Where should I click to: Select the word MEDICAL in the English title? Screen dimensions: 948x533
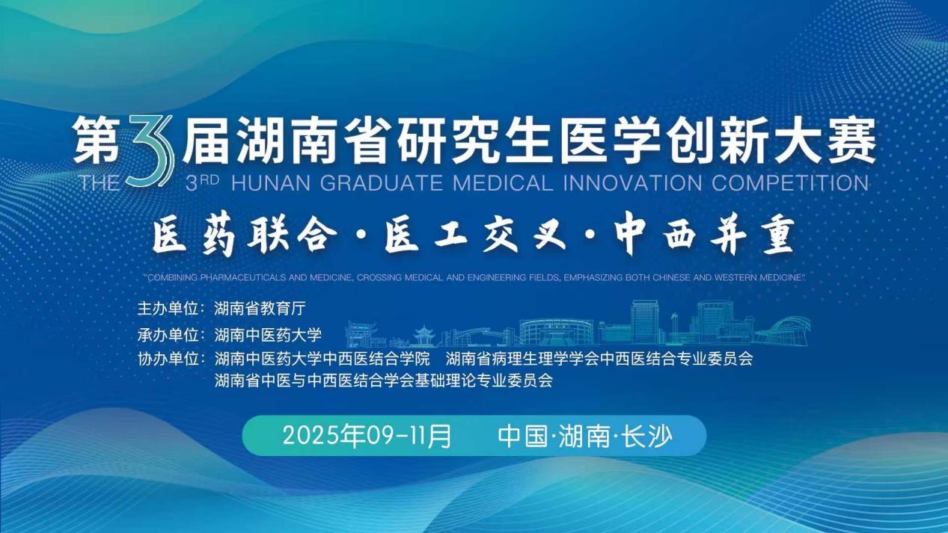click(x=503, y=183)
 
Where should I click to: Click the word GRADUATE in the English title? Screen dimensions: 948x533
click(x=382, y=183)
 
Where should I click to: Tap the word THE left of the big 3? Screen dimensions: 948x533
click(x=100, y=183)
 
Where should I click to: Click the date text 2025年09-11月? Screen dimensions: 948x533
click(x=367, y=436)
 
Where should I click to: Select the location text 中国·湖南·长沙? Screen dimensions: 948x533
click(x=585, y=436)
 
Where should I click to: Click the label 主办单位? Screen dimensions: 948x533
click(x=168, y=309)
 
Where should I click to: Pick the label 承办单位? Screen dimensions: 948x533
click(x=168, y=335)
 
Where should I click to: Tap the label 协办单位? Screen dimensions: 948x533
click(x=168, y=359)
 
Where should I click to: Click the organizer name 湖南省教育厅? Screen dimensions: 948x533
click(x=260, y=309)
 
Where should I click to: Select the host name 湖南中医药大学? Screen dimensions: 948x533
click(x=268, y=335)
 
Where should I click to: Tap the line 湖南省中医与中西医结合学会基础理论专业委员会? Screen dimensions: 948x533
click(x=383, y=381)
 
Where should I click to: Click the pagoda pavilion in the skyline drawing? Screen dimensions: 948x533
click(x=424, y=336)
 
